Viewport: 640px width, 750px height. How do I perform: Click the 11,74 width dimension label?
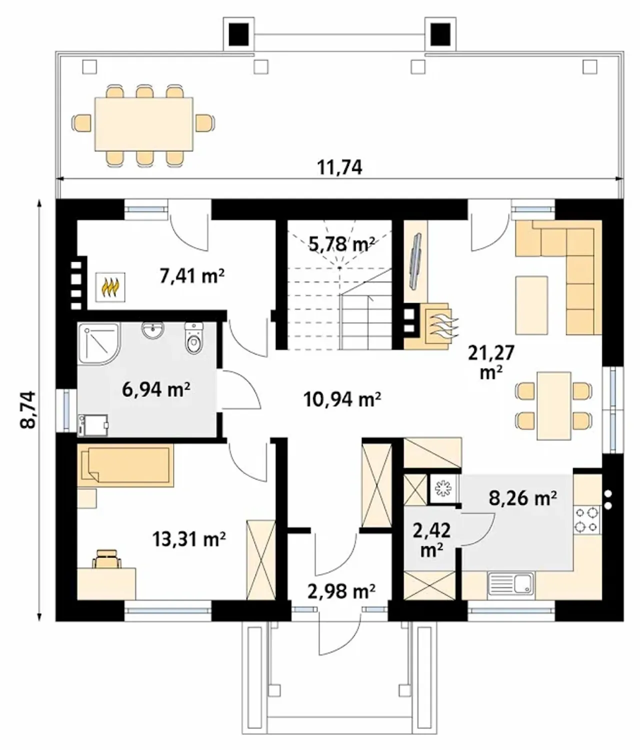pyautogui.click(x=339, y=167)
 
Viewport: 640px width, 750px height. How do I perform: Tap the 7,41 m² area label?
pyautogui.click(x=191, y=276)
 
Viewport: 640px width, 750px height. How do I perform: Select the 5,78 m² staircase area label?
pyautogui.click(x=341, y=244)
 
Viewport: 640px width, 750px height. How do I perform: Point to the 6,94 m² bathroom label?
pyautogui.click(x=156, y=390)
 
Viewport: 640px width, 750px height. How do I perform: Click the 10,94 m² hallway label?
pyautogui.click(x=342, y=400)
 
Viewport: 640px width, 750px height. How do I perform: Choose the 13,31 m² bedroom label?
pyautogui.click(x=189, y=539)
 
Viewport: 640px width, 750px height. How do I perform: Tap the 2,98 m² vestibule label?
pyautogui.click(x=341, y=592)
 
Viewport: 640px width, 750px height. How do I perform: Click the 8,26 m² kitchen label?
pyautogui.click(x=522, y=498)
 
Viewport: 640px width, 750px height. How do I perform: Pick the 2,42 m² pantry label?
pyautogui.click(x=431, y=541)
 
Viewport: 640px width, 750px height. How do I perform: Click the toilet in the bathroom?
pyautogui.click(x=194, y=337)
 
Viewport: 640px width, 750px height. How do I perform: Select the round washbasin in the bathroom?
pyautogui.click(x=153, y=330)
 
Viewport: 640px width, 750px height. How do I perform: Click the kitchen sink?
pyautogui.click(x=511, y=584)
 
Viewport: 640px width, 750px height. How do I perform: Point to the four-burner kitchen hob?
pyautogui.click(x=586, y=520)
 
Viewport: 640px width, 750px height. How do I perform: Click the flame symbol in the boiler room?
pyautogui.click(x=110, y=287)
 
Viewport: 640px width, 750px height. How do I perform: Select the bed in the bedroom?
pyautogui.click(x=125, y=466)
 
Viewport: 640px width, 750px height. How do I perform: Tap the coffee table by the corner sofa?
pyautogui.click(x=531, y=305)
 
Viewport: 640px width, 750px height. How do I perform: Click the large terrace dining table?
pyautogui.click(x=144, y=124)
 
